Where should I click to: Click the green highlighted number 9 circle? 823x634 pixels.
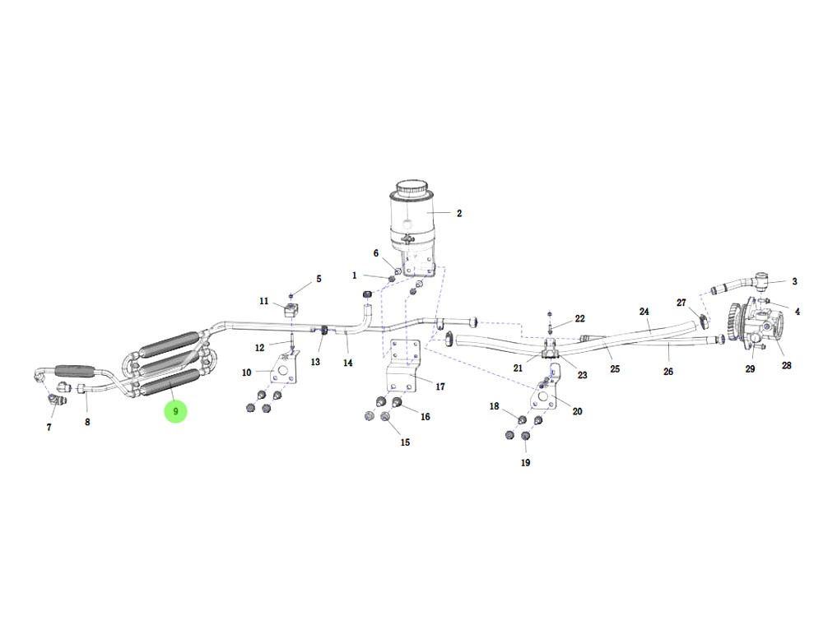pyautogui.click(x=175, y=411)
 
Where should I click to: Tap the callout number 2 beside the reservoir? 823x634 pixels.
pyautogui.click(x=459, y=214)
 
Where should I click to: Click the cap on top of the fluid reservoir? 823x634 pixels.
pyautogui.click(x=411, y=187)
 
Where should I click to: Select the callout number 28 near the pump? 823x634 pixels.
pyautogui.click(x=786, y=365)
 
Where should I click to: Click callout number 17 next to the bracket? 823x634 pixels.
pyautogui.click(x=439, y=386)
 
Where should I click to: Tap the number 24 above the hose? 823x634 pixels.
pyautogui.click(x=644, y=312)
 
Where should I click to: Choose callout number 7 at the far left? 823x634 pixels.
pyautogui.click(x=49, y=428)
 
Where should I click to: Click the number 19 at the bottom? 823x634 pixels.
pyautogui.click(x=525, y=462)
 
